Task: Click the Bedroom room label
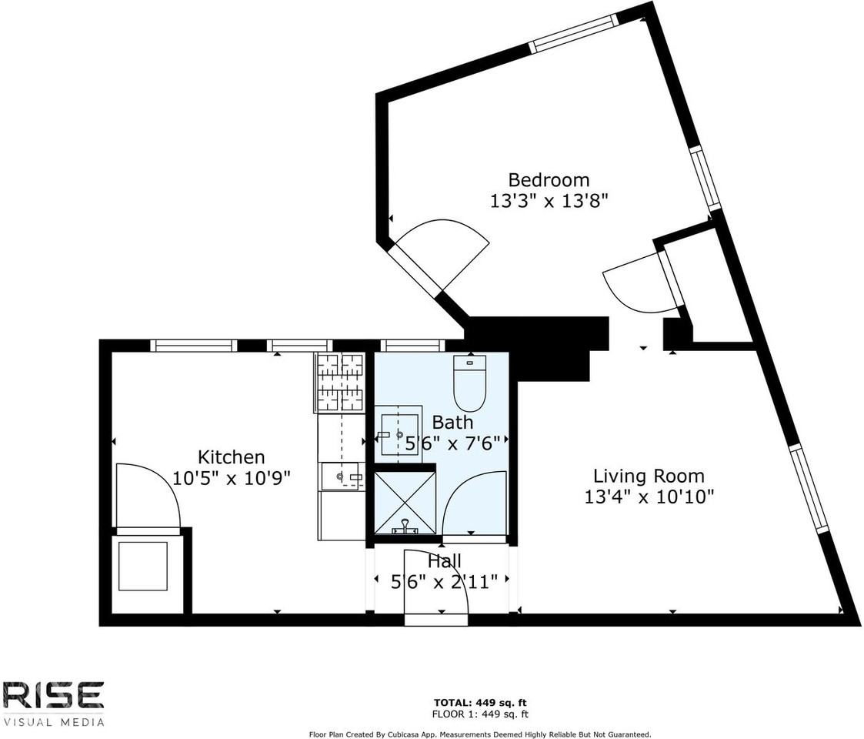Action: (549, 180)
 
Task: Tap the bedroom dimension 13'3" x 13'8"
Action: (549, 202)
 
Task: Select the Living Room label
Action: (648, 476)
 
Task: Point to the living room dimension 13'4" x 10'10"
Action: (649, 497)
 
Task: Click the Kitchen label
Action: (231, 456)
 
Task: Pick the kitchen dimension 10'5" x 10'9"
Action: (231, 478)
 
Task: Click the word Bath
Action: (452, 422)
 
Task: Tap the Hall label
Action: (445, 562)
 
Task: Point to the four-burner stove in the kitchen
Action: (339, 382)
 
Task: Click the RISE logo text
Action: (53, 695)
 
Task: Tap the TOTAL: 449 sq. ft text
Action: (481, 703)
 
